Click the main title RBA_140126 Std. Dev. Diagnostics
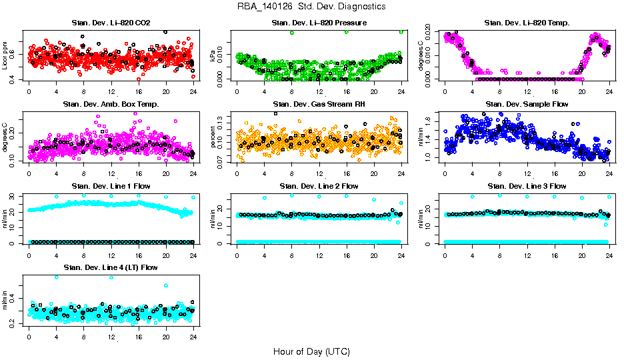pos(311,7)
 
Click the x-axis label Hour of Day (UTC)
pos(311,351)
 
